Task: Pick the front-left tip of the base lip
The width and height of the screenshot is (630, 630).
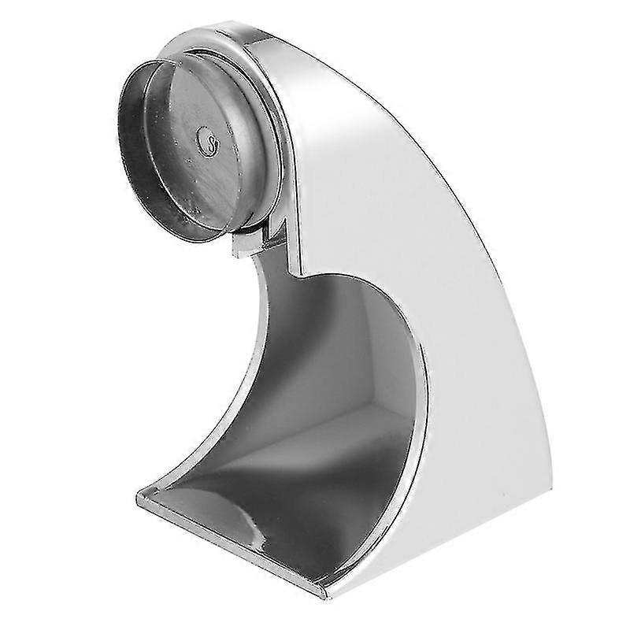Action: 142,496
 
